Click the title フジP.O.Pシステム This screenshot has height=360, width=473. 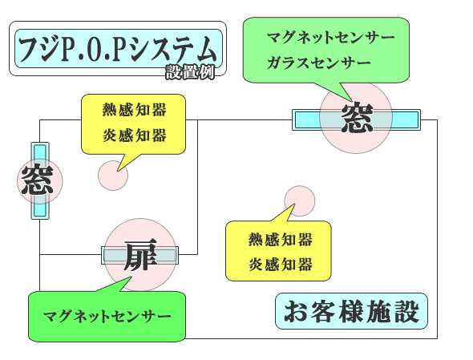[x=118, y=49]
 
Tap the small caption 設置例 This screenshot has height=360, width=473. [x=190, y=72]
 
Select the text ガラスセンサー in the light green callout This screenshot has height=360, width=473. [x=319, y=63]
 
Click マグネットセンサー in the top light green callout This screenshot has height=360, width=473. [x=331, y=38]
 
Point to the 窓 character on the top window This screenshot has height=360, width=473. [x=357, y=117]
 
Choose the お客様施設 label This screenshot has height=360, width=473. [x=351, y=311]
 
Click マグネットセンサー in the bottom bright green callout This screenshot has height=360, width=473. [x=107, y=317]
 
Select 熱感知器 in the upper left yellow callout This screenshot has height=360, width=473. [x=134, y=110]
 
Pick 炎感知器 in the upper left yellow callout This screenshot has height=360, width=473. [x=134, y=135]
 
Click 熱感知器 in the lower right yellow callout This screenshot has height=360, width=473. [x=281, y=239]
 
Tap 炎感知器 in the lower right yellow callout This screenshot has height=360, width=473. [x=281, y=265]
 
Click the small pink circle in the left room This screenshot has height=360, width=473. [x=113, y=176]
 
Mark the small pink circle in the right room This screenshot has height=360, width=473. [x=300, y=200]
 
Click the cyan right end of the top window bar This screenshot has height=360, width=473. [x=406, y=119]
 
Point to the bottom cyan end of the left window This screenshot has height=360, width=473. [x=40, y=210]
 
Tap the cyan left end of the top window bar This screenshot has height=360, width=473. [x=306, y=119]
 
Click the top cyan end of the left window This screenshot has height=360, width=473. [x=40, y=152]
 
